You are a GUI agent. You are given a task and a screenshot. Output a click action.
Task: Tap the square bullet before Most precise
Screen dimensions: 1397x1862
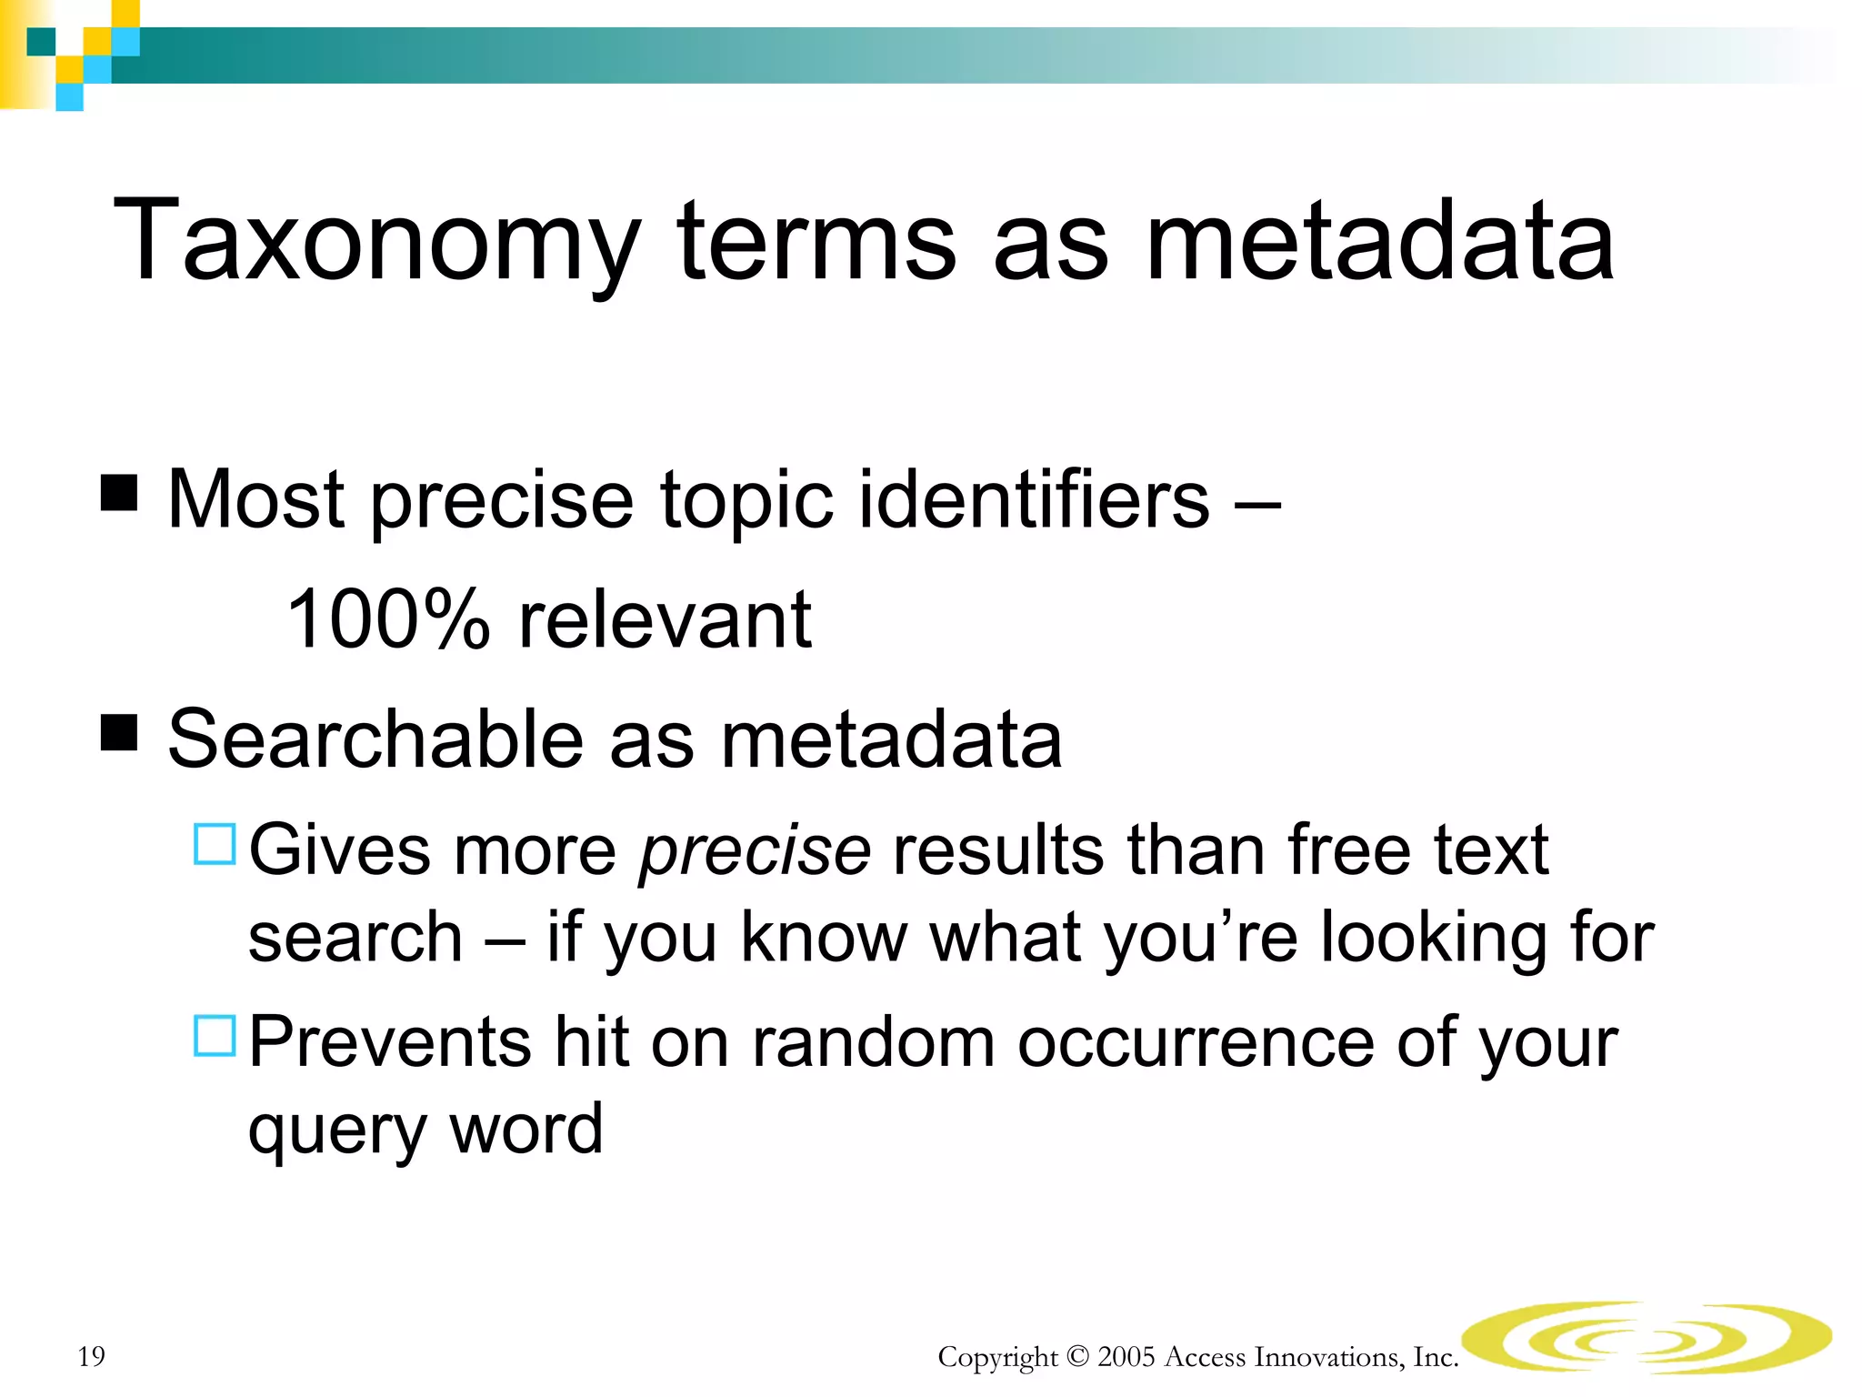[x=119, y=492]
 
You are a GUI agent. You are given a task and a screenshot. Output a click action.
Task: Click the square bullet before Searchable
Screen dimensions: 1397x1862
[x=119, y=732]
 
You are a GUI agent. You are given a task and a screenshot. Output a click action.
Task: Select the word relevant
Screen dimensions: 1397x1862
[x=665, y=619]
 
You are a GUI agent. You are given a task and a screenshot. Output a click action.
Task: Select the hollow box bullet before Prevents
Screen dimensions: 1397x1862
[x=215, y=1035]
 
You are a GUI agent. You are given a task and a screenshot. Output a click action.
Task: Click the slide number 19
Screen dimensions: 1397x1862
[x=92, y=1356]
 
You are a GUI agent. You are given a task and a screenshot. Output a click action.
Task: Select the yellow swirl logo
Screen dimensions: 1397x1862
[x=1646, y=1337]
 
